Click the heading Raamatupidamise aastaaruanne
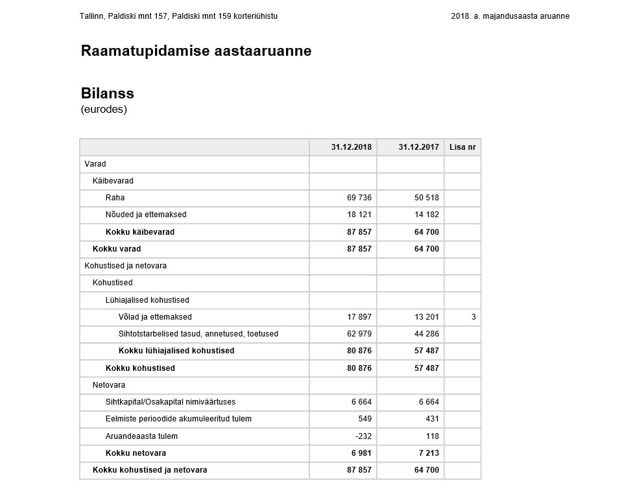tap(196, 51)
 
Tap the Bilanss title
tap(107, 93)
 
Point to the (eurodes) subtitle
tap(104, 110)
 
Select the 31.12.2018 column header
tap(351, 147)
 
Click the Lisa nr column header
tap(462, 147)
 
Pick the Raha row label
tap(115, 198)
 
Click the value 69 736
tap(359, 198)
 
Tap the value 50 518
tap(427, 198)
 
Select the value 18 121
tap(359, 215)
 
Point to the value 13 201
tap(427, 317)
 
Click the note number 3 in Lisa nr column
tap(473, 317)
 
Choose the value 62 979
tap(359, 334)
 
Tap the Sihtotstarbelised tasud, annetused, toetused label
tap(198, 334)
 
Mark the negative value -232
tap(362, 436)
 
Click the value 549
tap(365, 419)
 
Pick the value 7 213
tap(427, 453)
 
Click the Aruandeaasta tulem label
tap(141, 436)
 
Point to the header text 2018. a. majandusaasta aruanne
tap(510, 16)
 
